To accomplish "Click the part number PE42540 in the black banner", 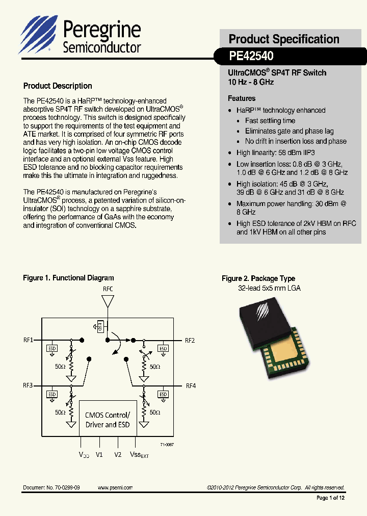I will tap(251, 56).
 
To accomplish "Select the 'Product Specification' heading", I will tap(283, 39).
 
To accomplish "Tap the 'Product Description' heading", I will tap(58, 86).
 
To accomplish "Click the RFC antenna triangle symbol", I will tap(108, 301).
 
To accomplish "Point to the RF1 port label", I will tap(28, 340).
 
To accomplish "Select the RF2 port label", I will tap(190, 340).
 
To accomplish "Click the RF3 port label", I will tap(28, 385).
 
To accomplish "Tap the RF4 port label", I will tap(190, 385).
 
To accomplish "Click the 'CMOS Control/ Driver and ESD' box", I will tap(107, 419).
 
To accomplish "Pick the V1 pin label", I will tap(99, 454).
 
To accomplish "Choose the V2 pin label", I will tap(118, 454).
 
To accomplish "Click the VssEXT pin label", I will tap(139, 455).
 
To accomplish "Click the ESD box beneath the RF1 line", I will tap(52, 349).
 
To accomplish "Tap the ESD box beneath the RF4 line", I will tap(163, 394).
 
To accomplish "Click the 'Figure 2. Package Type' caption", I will tap(258, 278).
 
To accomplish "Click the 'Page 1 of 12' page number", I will tap(330, 498).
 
